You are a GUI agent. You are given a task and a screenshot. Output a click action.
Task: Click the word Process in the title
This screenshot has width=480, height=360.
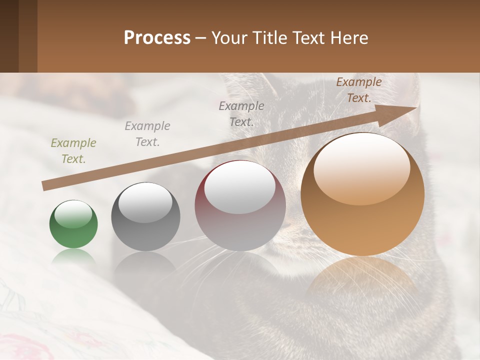click(x=157, y=38)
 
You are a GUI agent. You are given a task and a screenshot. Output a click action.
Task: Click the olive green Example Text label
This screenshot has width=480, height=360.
click(x=73, y=151)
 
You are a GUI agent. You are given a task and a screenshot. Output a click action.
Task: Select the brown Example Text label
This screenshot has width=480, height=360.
click(x=358, y=90)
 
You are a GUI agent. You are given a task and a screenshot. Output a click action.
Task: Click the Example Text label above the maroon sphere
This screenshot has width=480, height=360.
click(x=241, y=114)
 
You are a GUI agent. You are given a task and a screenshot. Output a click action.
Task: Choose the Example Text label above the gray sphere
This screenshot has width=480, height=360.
click(x=147, y=134)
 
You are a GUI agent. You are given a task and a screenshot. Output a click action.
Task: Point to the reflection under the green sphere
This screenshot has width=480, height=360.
click(x=73, y=258)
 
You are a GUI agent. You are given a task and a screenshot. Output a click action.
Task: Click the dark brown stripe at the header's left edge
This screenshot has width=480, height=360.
click(x=9, y=36)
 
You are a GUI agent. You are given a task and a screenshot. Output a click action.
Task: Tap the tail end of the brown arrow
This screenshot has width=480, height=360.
click(x=45, y=186)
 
